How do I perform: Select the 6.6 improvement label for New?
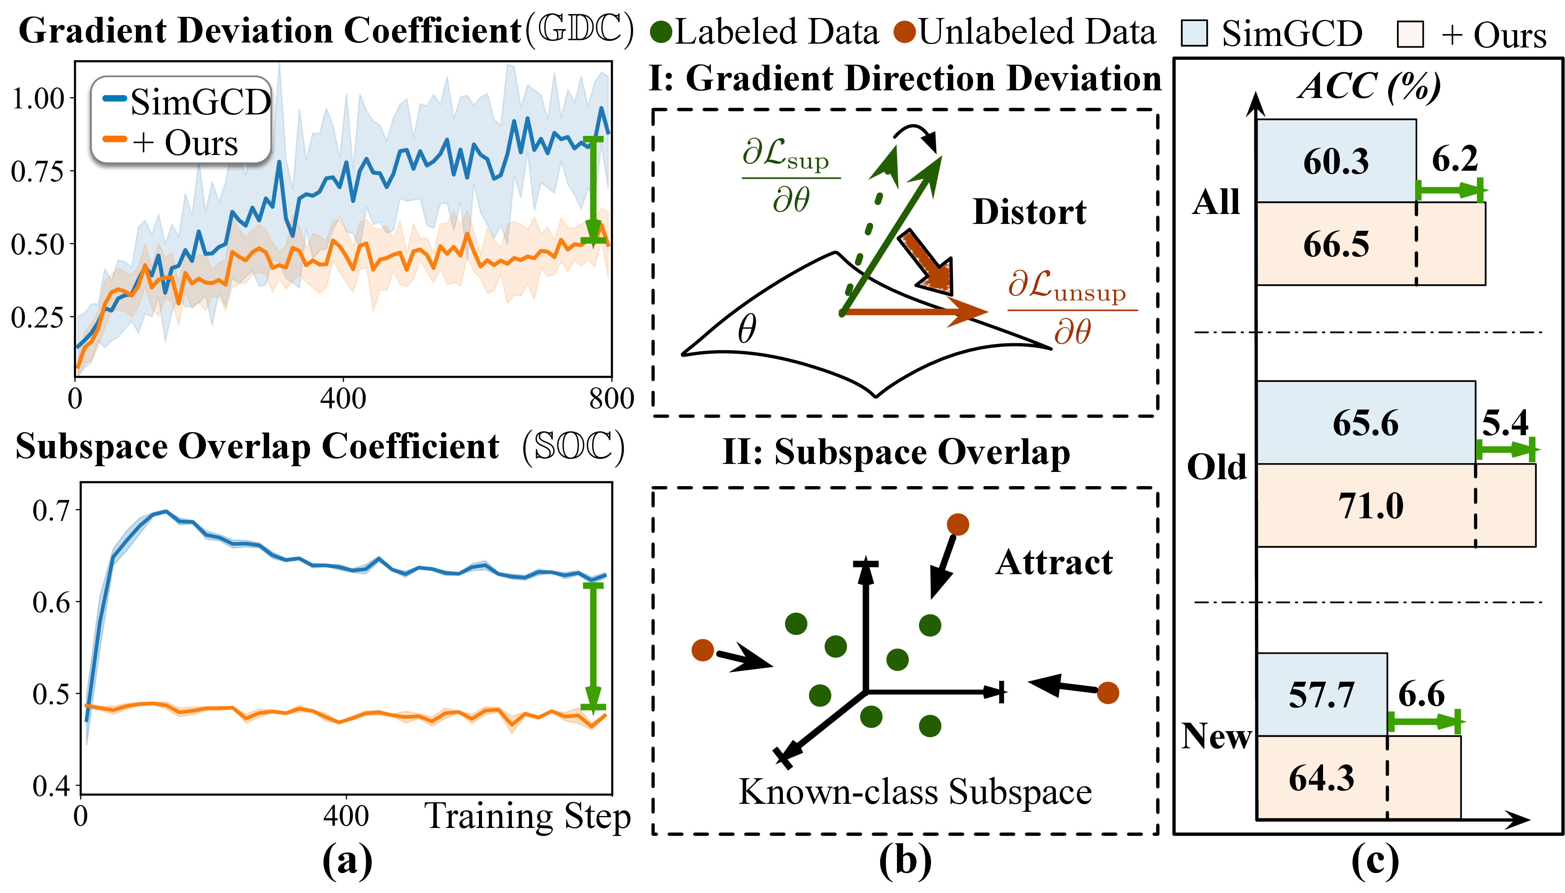[1421, 694]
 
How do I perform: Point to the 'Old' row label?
[1217, 467]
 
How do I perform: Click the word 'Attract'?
[1054, 562]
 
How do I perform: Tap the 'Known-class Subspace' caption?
[915, 792]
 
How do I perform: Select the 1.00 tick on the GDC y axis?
[38, 98]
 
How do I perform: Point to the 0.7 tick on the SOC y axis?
[52, 510]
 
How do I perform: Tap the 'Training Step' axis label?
[528, 817]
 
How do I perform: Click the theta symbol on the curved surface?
[746, 329]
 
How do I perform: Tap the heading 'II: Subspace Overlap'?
[896, 453]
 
